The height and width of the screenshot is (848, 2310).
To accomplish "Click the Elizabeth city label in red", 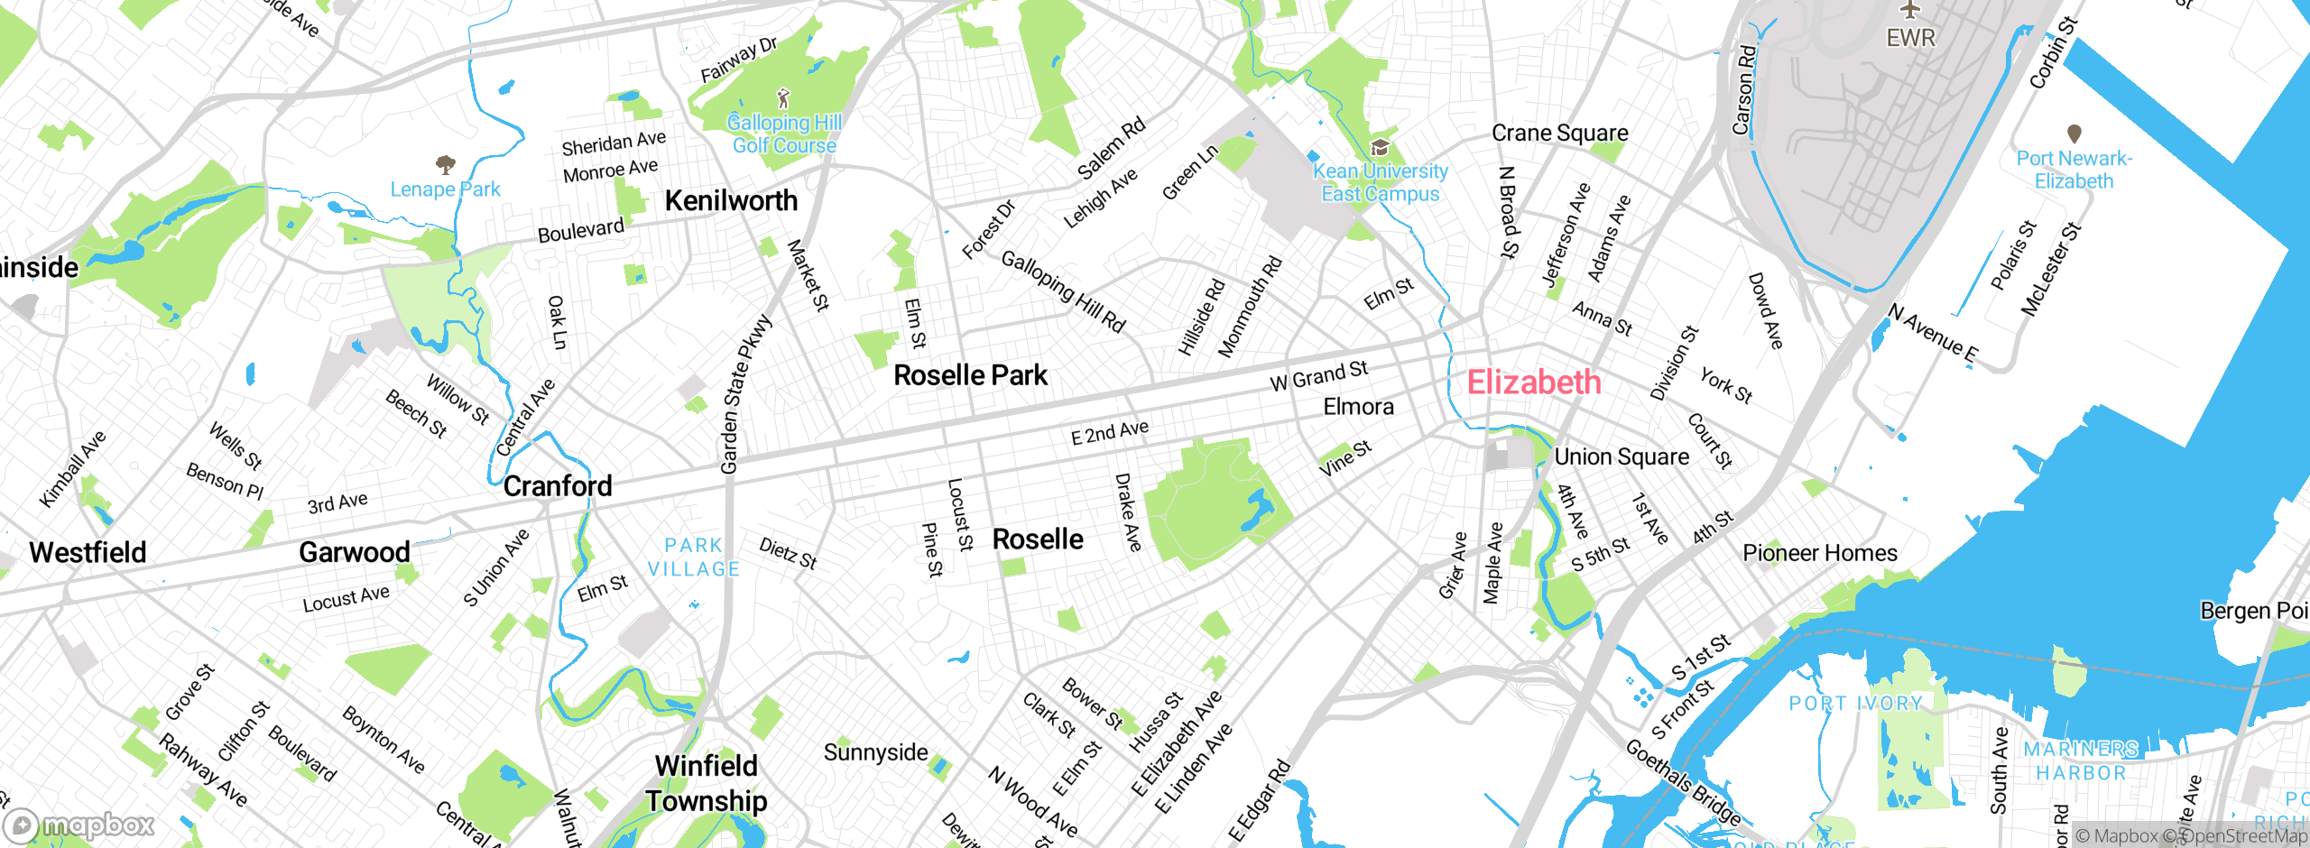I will point(1533,383).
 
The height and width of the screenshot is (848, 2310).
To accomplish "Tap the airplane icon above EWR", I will point(1910,10).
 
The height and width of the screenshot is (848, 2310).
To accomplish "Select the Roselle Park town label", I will point(970,375).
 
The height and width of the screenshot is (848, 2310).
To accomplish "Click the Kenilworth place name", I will point(731,200).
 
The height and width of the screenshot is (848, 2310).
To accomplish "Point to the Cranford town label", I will point(558,486).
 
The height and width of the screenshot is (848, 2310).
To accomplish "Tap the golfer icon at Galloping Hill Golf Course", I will point(783,97).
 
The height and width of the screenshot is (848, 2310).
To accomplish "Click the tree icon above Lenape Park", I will point(445,164).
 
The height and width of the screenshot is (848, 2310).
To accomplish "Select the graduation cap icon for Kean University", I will point(1379,148).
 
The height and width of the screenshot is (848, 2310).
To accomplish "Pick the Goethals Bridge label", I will point(1684,782).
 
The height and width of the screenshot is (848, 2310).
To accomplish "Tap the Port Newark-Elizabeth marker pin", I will point(2074,134).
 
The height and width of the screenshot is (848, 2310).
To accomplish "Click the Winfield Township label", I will point(706,783).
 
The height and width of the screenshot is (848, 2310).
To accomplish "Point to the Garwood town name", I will point(354,552).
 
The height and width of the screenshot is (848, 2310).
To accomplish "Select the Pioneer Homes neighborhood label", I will point(1819,553).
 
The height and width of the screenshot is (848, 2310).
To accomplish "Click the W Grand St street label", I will point(1318,375).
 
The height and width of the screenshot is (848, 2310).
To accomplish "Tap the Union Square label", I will point(1621,457).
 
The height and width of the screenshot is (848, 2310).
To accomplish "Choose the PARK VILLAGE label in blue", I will point(693,557).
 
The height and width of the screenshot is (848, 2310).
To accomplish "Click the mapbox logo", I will point(79,825).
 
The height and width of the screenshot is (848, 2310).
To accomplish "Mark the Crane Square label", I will point(1559,134).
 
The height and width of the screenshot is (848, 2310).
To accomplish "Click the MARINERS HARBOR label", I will point(2080,760).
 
